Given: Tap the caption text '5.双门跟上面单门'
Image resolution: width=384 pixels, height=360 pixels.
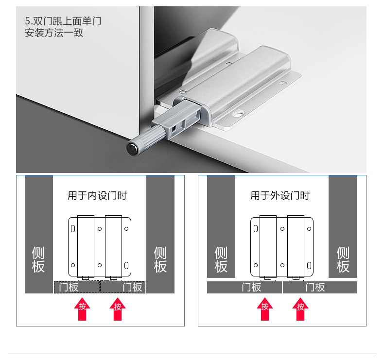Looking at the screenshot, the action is pos(63,21).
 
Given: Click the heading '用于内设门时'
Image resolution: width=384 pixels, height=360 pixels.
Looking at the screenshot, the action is pos(97,195).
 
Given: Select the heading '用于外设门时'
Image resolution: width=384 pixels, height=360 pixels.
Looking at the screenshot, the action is pos(280,195).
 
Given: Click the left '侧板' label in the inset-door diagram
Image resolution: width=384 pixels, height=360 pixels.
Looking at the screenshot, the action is pos(38,259).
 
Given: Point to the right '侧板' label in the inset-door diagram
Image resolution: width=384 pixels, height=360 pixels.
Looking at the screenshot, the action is pos(160,259).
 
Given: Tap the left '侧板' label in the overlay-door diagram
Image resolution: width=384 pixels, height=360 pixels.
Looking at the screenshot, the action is pos(221,259).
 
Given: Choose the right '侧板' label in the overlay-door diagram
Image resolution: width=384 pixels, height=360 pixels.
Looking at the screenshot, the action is pos(343,259).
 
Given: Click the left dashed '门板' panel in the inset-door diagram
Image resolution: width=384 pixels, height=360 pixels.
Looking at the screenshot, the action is pos(77,287).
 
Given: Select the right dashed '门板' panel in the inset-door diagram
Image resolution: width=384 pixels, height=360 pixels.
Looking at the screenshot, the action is pos(123,287).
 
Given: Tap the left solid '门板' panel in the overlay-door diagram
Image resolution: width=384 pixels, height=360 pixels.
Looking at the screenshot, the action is pos(244,287).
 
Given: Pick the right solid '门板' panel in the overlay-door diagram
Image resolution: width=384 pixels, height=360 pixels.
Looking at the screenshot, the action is pos(320,287).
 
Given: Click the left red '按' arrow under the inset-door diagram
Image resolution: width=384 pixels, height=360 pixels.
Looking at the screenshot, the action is pos(82,309).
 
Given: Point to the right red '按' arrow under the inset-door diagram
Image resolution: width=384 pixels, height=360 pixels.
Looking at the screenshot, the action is pos(118,309).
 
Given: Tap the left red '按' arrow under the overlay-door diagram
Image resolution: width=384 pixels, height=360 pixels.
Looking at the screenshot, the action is pos(265,309).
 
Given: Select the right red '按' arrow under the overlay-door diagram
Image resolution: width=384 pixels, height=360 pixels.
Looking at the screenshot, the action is pos(300,309).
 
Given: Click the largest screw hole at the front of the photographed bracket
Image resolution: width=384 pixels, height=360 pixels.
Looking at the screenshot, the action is pos(239,114).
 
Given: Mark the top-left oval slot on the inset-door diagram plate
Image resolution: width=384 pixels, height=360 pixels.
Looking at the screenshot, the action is pos(73,228).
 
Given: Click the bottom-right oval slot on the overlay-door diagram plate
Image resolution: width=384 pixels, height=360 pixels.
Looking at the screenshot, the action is pos(309,265).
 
